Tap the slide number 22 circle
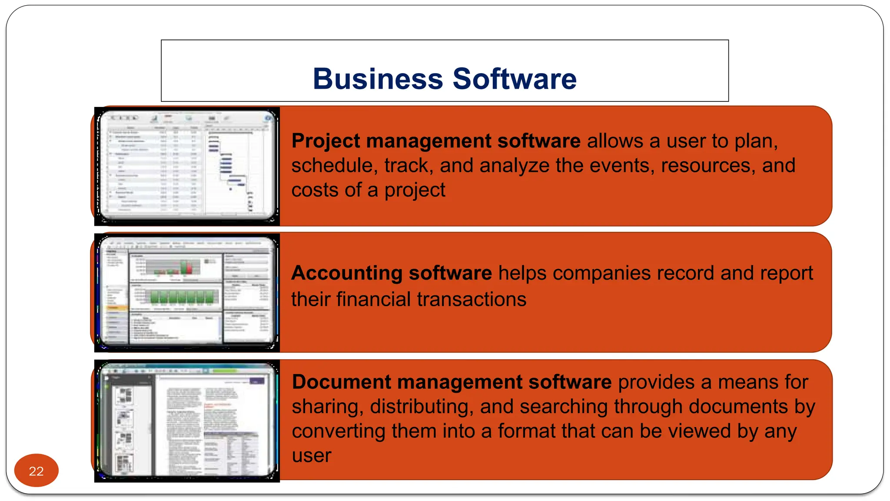[x=36, y=471]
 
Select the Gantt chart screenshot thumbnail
[x=187, y=166]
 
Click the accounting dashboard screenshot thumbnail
[x=187, y=293]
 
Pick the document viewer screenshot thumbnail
[x=187, y=421]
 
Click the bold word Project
[x=326, y=141]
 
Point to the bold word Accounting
[x=347, y=274]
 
